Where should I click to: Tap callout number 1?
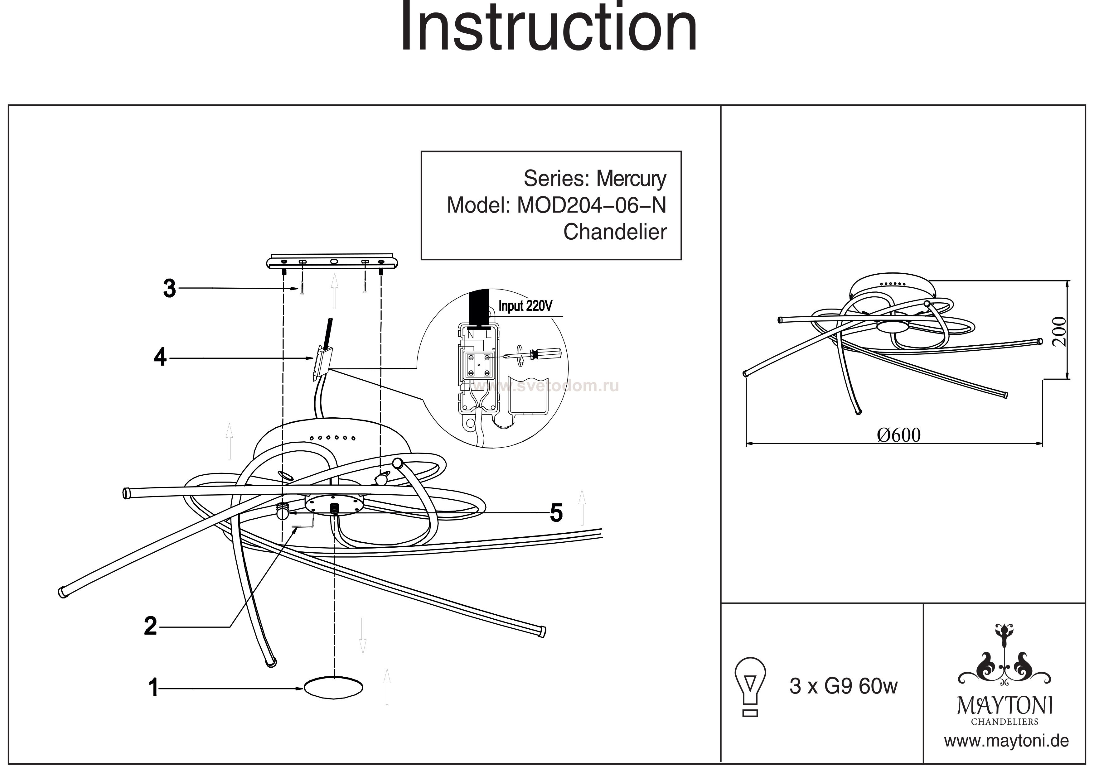153,688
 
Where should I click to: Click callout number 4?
160,357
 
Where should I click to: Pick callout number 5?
556,513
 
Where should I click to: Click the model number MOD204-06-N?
591,205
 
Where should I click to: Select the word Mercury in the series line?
631,179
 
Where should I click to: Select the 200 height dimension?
1059,332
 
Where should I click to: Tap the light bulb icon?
750,687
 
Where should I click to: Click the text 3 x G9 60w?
843,686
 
